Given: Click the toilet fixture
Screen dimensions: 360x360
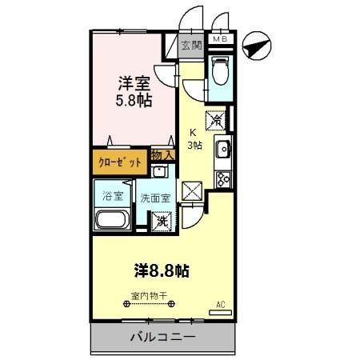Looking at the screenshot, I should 220,73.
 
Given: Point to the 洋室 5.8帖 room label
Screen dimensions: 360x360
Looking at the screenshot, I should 133,90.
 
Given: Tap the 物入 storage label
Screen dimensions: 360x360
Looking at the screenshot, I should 162,154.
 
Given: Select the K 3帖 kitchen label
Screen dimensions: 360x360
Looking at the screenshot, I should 194,139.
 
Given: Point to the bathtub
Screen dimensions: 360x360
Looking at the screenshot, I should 112,221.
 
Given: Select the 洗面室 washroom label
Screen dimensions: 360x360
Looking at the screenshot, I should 155,198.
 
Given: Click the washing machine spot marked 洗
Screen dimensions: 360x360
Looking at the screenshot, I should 162,221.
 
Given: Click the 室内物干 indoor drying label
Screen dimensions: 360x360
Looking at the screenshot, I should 149,295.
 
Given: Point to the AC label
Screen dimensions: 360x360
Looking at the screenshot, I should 221,304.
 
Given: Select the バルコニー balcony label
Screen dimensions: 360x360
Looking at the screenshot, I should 162,338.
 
